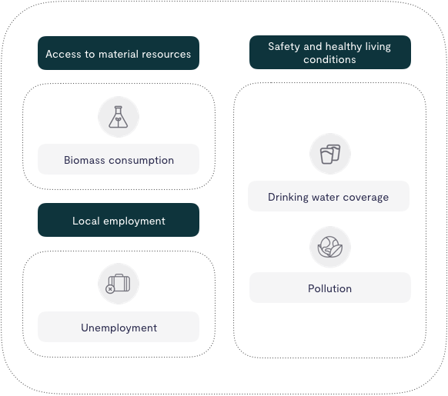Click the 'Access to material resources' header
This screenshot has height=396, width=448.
pyautogui.click(x=119, y=53)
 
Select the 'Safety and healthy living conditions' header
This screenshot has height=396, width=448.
pyautogui.click(x=330, y=52)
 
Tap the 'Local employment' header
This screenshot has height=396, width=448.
pyautogui.click(x=119, y=220)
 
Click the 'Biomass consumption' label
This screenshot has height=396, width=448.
pyautogui.click(x=119, y=159)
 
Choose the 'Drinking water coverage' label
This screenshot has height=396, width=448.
pyautogui.click(x=329, y=196)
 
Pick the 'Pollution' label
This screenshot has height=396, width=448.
pyautogui.click(x=330, y=288)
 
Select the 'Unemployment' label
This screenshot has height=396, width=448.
pyautogui.click(x=119, y=327)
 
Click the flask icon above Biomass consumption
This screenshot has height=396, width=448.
pyautogui.click(x=119, y=117)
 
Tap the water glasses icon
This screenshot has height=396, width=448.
pyautogui.click(x=330, y=155)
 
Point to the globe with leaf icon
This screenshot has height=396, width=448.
pyautogui.click(x=330, y=247)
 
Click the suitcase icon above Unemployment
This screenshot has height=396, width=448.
pyautogui.click(x=118, y=284)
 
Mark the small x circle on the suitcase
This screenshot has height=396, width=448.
pyautogui.click(x=110, y=289)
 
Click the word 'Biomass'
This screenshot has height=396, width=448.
pyautogui.click(x=84, y=160)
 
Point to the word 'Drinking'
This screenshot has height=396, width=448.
pyautogui.click(x=288, y=198)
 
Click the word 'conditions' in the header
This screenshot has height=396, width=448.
pyautogui.click(x=329, y=59)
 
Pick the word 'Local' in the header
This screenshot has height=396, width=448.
pyautogui.click(x=86, y=221)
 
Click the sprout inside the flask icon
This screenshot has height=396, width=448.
pyautogui.click(x=118, y=121)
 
